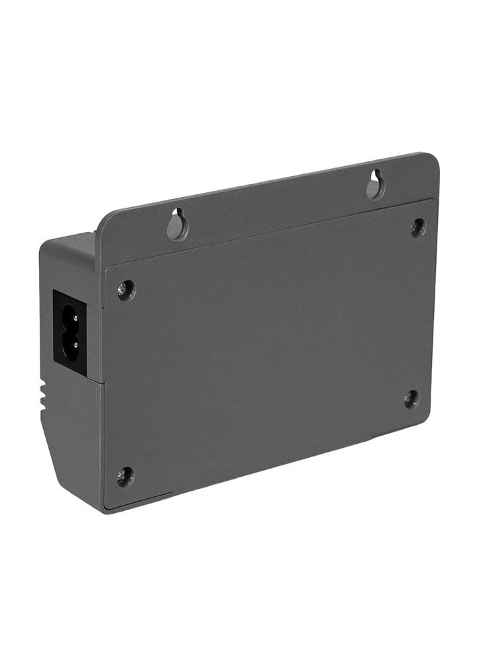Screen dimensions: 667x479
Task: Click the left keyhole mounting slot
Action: click(177, 225)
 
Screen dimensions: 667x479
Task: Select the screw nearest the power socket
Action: click(126, 290)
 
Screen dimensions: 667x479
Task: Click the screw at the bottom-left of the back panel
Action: click(125, 477)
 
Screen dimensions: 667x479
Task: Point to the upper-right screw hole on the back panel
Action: click(418, 227)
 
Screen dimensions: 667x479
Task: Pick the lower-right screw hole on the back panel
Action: click(410, 399)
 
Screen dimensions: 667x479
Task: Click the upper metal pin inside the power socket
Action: click(73, 317)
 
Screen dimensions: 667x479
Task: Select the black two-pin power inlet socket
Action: click(70, 331)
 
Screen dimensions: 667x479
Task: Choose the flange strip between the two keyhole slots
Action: click(275, 205)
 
